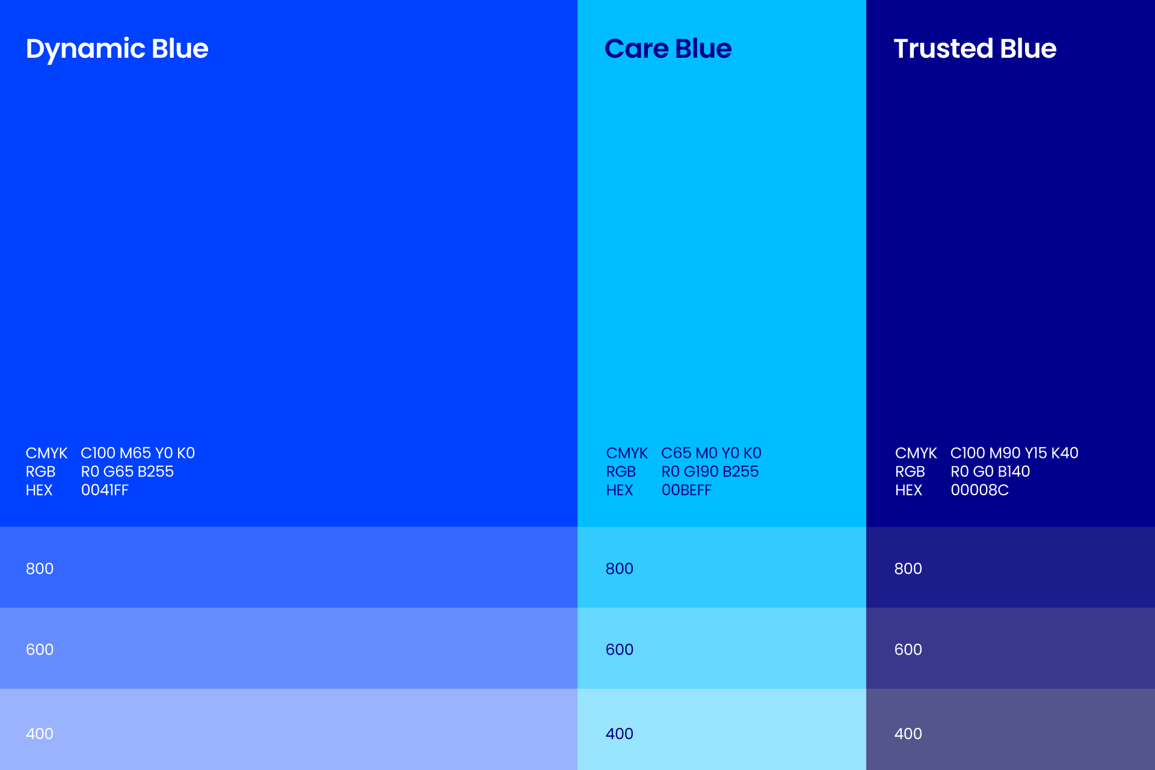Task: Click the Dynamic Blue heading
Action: point(117,49)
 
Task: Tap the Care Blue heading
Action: point(668,49)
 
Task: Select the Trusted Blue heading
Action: point(975,49)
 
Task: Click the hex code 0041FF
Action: point(105,490)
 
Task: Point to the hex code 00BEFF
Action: point(686,490)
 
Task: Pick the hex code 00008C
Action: point(979,490)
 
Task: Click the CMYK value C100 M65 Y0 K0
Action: point(138,453)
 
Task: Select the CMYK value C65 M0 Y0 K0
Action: point(711,453)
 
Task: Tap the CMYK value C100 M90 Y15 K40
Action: point(1014,453)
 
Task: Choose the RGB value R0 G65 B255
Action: point(128,472)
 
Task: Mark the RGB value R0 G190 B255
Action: point(710,472)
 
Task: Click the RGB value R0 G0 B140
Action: point(990,472)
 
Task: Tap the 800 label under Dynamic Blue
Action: point(40,568)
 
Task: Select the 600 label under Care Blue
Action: point(620,650)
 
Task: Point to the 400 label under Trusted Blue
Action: point(908,734)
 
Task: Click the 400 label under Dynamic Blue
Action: point(40,734)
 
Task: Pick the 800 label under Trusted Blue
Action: point(908,568)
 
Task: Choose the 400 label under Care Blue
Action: point(620,734)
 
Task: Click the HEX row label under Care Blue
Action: point(620,490)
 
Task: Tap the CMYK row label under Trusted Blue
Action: point(916,453)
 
